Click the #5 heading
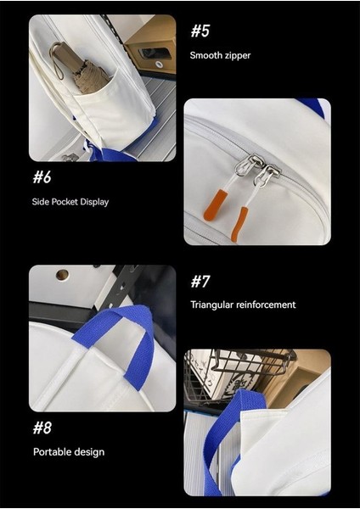click(x=200, y=31)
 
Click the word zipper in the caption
click(x=239, y=56)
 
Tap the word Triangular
click(x=213, y=305)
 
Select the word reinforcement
click(x=267, y=305)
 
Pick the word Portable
click(x=51, y=452)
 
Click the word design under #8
click(x=89, y=452)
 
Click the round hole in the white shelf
click(x=61, y=275)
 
